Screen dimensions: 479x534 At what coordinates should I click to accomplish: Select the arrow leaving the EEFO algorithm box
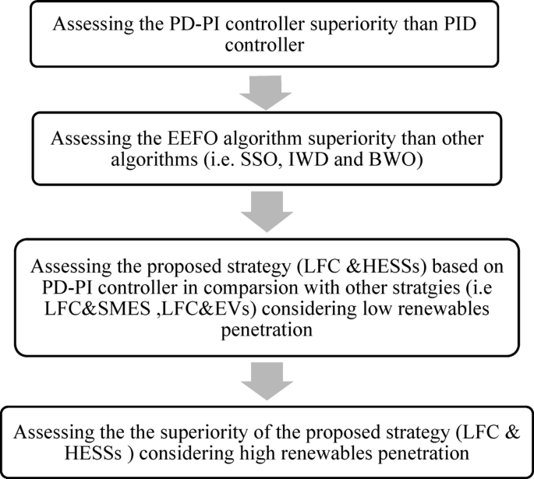(267, 206)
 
